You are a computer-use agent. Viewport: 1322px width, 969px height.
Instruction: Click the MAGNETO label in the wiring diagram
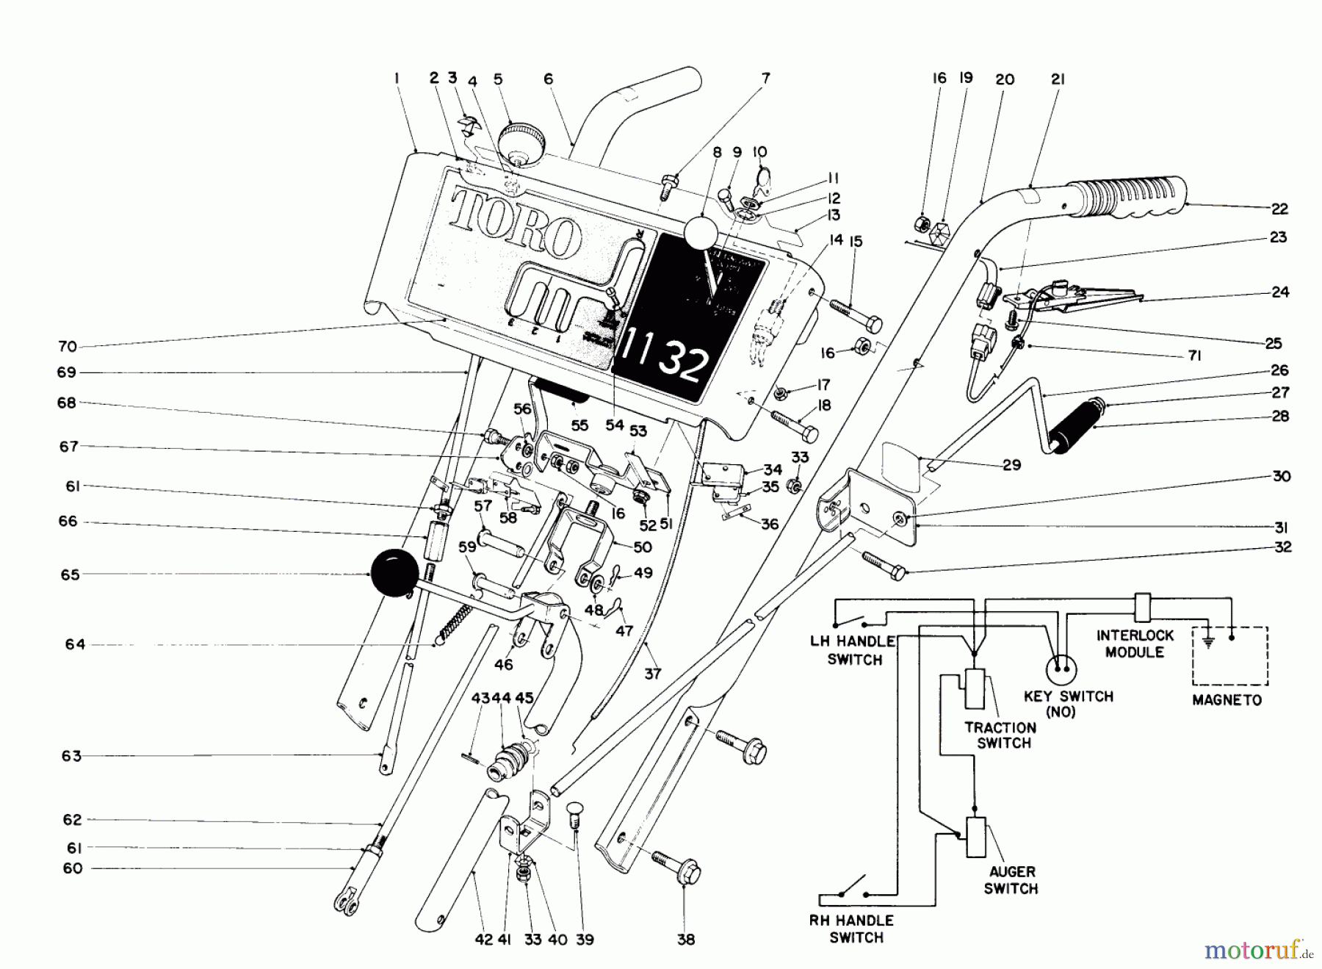point(1227,700)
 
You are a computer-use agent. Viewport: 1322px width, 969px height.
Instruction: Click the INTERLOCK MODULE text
point(1135,644)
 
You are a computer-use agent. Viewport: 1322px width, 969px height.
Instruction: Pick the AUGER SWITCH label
point(1011,880)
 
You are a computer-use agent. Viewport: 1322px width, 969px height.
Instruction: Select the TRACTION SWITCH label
point(1000,735)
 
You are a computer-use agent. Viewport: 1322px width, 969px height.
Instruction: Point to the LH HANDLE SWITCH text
point(853,650)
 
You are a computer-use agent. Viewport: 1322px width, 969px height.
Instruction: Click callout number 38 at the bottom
point(685,940)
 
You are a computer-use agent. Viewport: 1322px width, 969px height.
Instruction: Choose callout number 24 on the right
point(1280,292)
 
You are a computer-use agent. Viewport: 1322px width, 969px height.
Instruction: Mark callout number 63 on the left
point(71,756)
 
